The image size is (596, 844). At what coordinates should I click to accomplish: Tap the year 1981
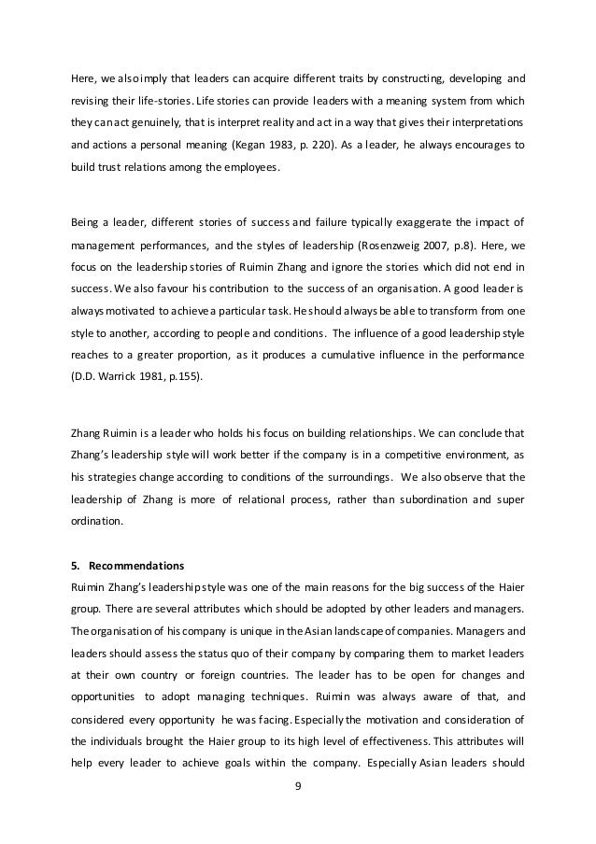(x=149, y=381)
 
